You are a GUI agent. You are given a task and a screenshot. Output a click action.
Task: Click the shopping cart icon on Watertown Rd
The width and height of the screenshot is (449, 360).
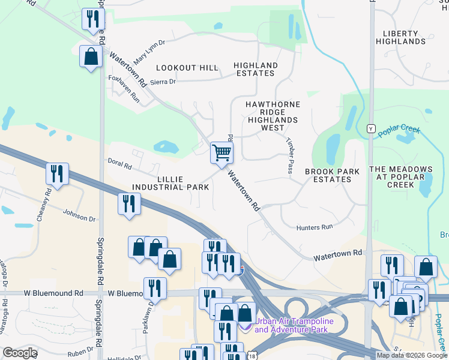(221, 153)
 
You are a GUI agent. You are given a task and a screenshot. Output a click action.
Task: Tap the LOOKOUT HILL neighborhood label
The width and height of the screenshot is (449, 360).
(187, 68)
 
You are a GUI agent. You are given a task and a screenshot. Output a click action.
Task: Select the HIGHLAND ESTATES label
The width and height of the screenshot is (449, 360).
(255, 69)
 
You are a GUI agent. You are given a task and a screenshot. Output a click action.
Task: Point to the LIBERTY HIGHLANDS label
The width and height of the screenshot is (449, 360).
(400, 37)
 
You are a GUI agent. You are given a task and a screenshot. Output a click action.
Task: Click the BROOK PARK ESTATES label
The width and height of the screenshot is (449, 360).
(332, 175)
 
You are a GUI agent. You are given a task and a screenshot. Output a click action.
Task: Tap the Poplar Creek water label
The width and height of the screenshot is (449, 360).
(400, 131)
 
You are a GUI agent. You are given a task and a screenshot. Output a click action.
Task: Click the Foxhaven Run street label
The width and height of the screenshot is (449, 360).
(124, 89)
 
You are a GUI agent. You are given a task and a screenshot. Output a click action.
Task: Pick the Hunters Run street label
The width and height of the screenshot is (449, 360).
(314, 227)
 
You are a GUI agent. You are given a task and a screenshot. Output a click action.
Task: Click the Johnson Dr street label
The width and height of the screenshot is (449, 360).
(80, 215)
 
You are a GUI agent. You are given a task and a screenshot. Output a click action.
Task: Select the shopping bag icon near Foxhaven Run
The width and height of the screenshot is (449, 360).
(91, 58)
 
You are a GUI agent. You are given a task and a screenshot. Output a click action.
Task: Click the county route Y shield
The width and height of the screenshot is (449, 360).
(371, 129)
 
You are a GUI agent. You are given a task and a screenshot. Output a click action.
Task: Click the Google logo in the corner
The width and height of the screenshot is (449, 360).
(20, 353)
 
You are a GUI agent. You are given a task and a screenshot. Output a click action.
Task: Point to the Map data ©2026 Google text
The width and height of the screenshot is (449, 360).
(411, 355)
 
